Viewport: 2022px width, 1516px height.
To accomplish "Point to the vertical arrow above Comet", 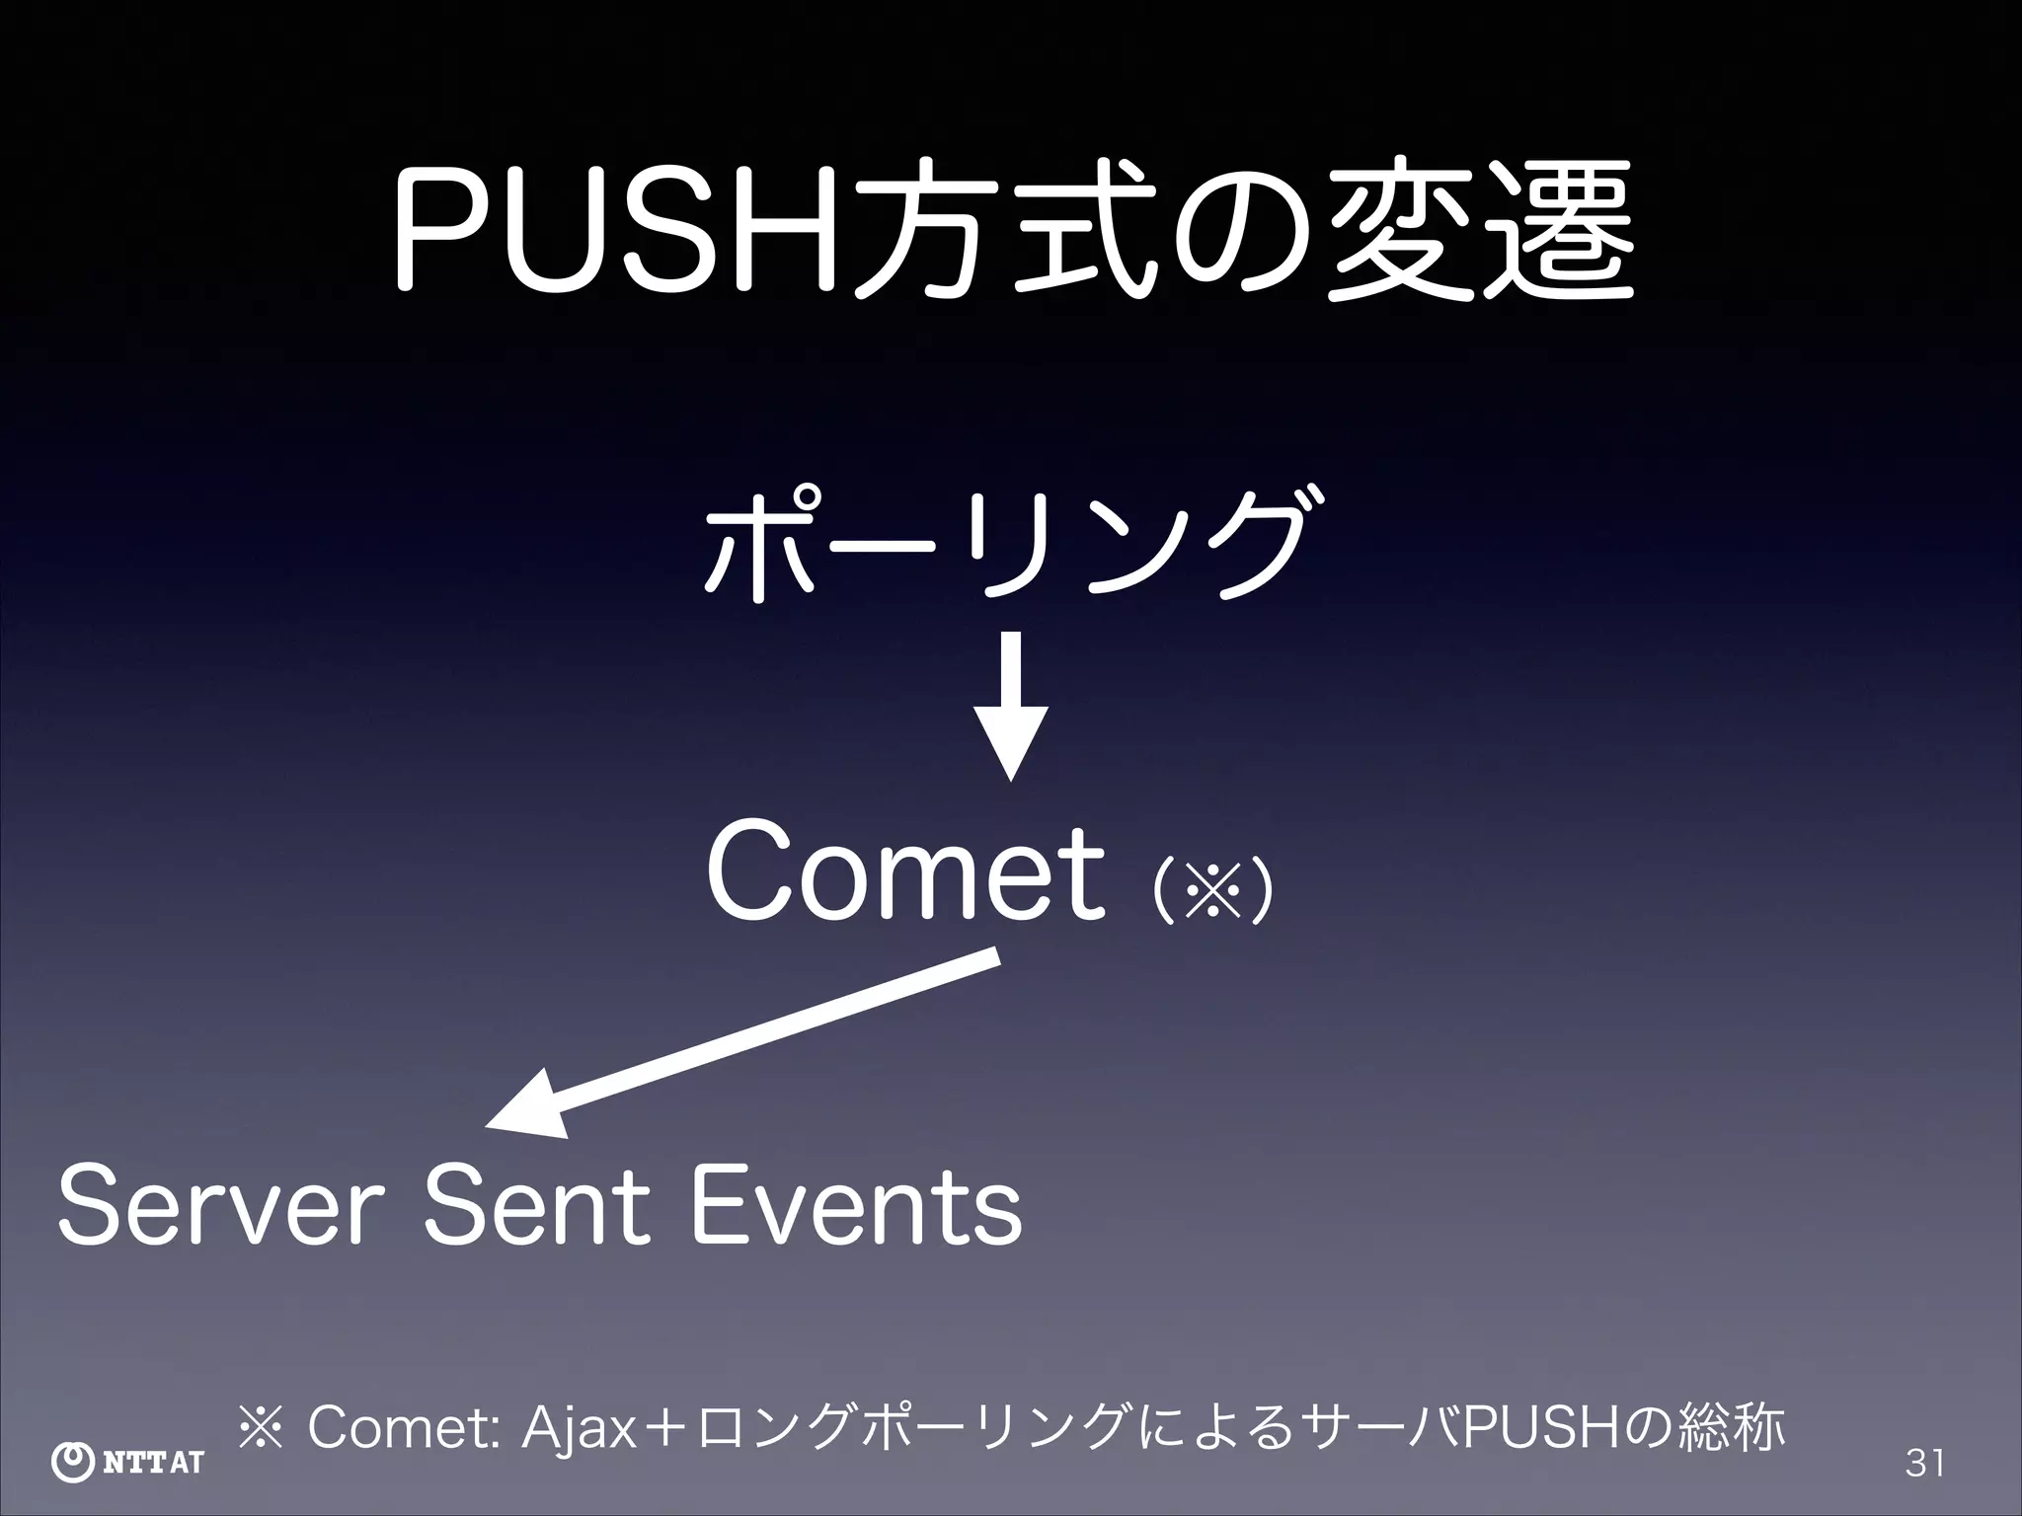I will click(x=1010, y=706).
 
